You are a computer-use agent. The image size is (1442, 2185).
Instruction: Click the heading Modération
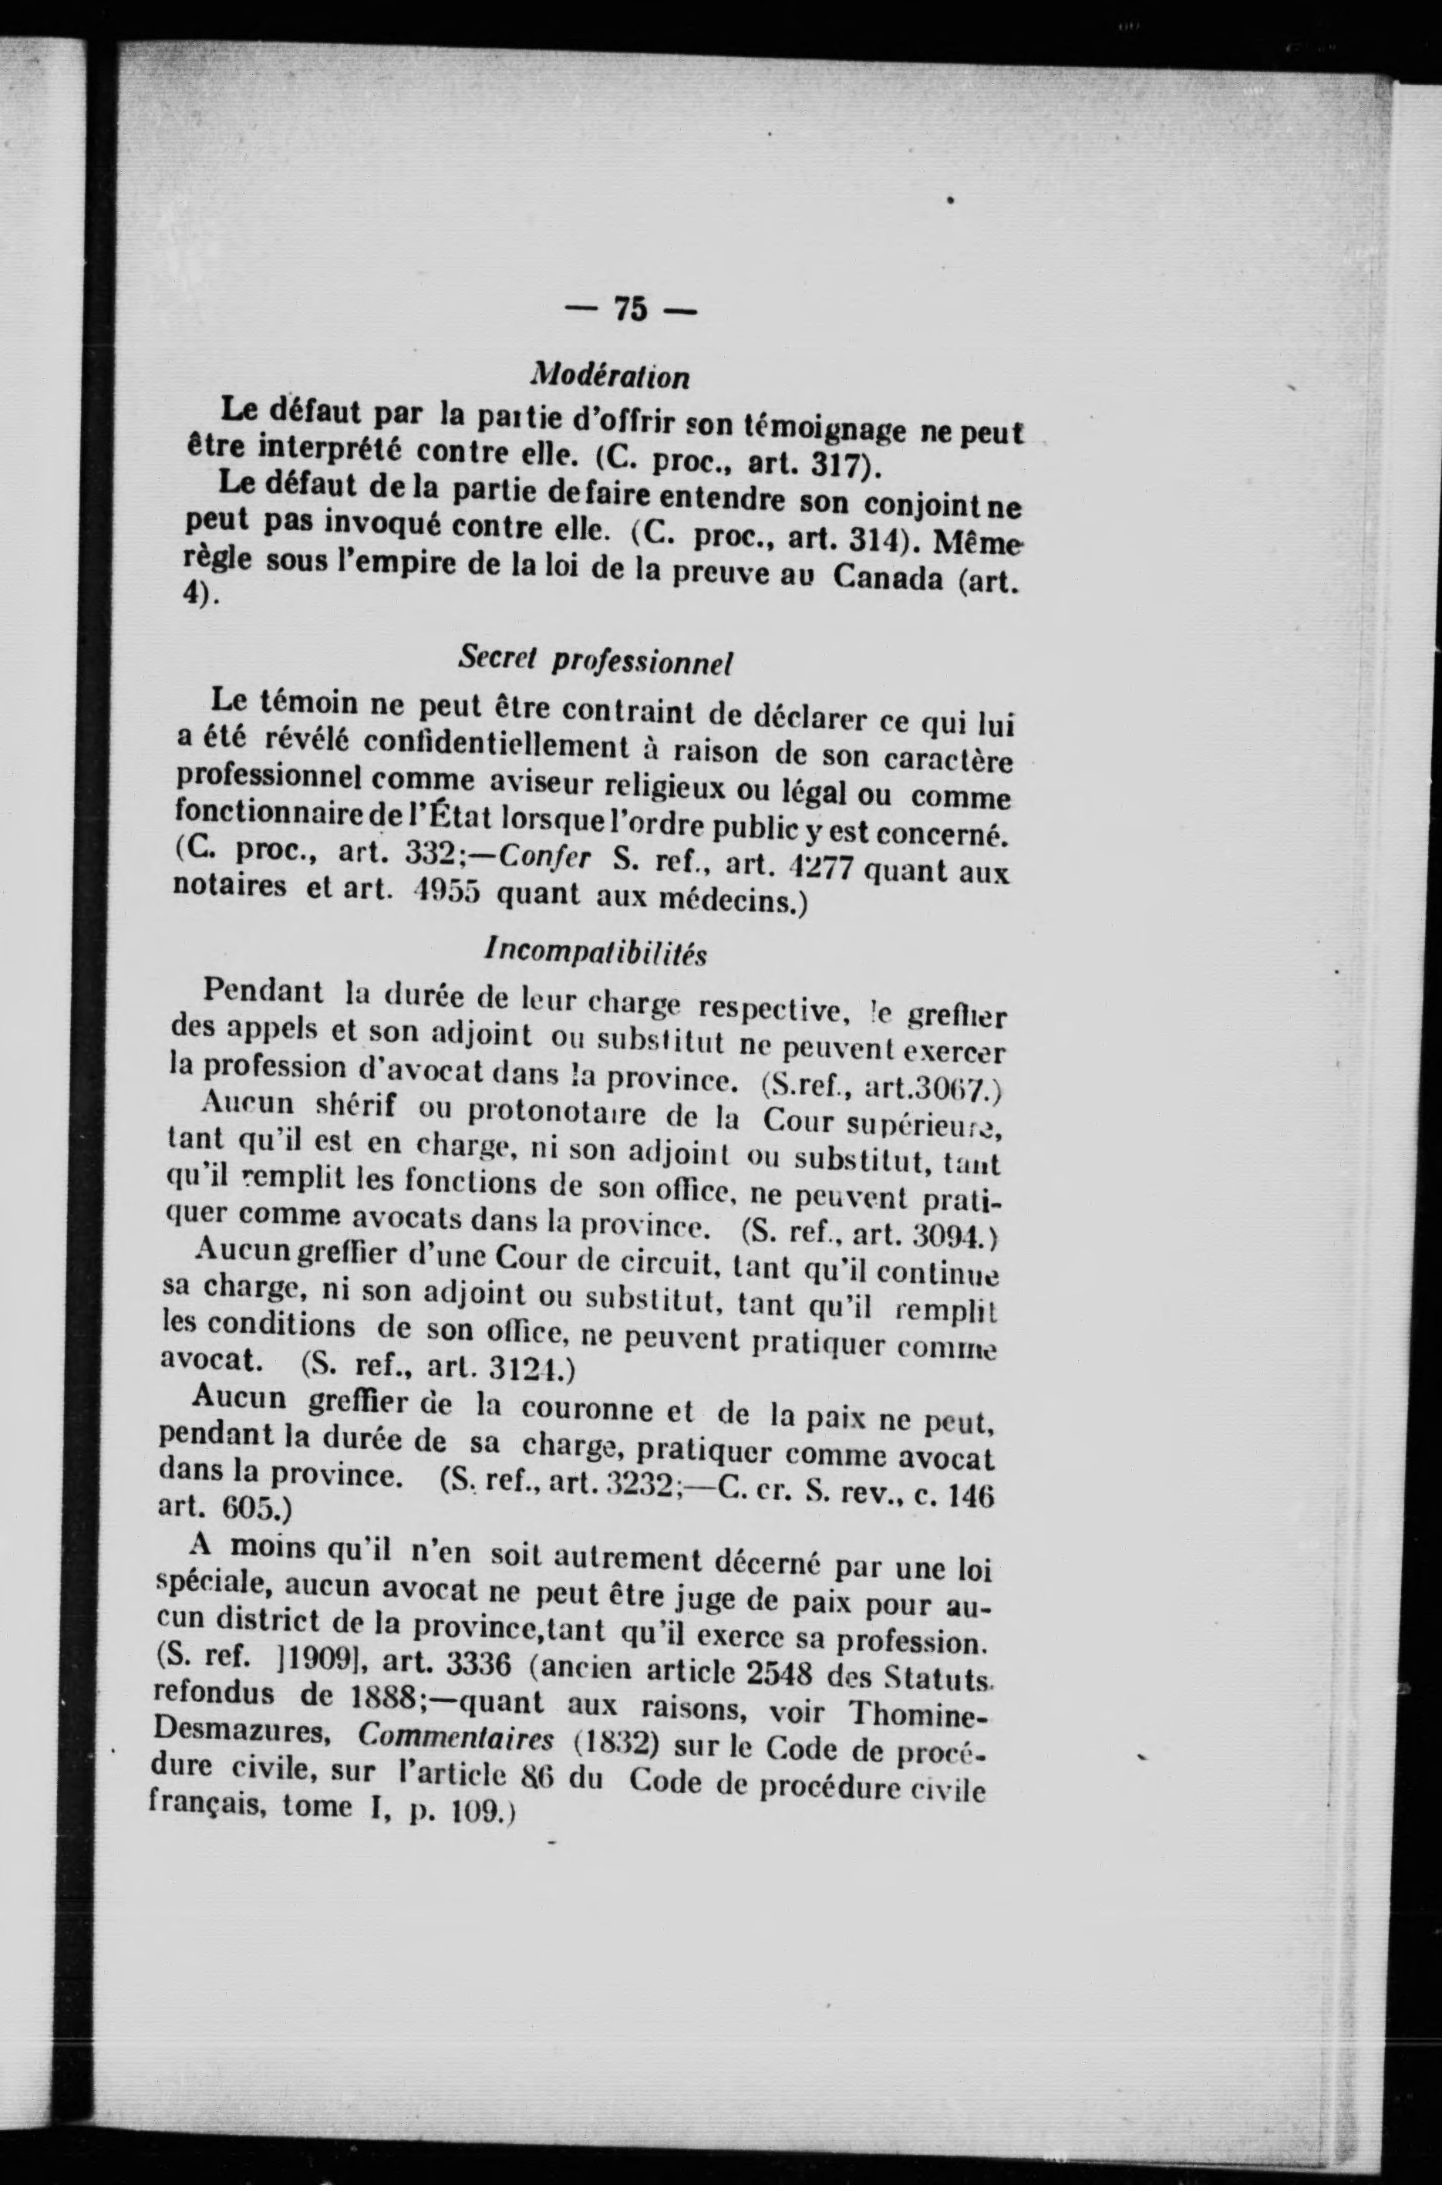(610, 376)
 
